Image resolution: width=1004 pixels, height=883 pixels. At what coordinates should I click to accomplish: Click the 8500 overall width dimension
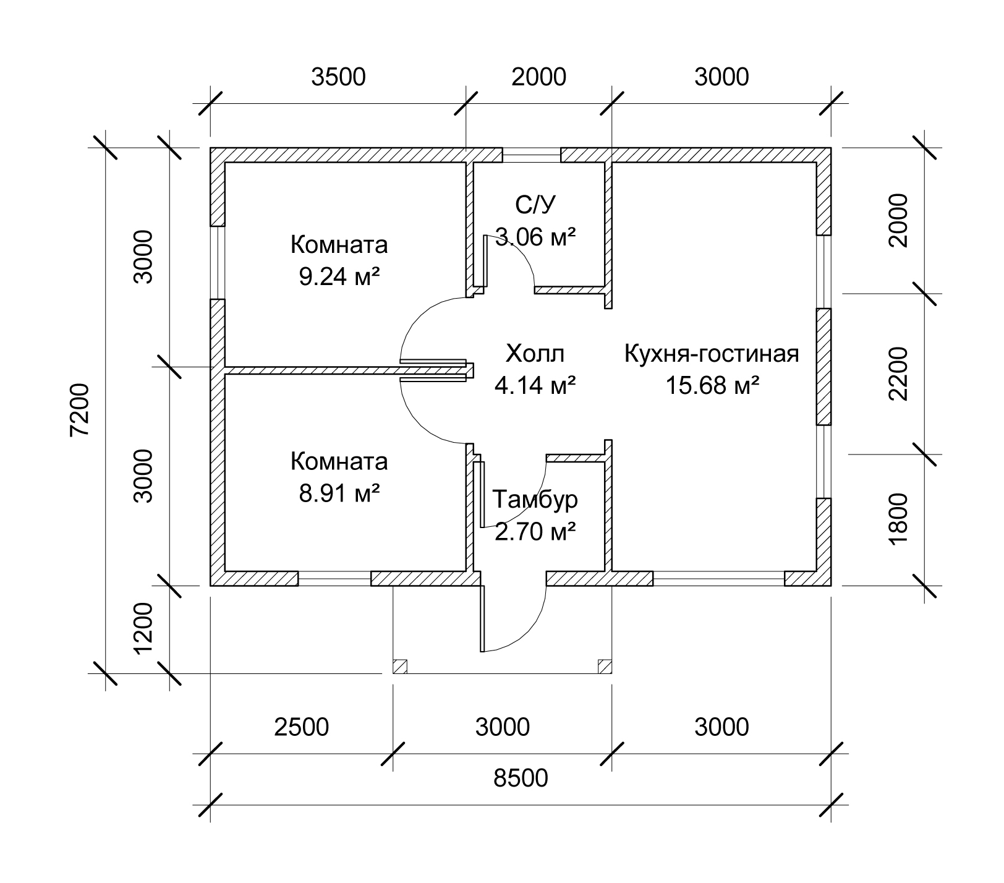521,777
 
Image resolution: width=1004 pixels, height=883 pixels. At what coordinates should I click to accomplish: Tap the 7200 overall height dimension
80,410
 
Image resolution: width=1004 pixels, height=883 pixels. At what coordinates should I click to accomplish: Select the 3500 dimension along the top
338,77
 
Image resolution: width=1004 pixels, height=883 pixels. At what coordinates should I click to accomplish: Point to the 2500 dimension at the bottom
301,727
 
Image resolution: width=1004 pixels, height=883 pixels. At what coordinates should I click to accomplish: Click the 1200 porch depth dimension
143,628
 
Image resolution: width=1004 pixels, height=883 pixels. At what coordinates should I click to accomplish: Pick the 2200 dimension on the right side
898,373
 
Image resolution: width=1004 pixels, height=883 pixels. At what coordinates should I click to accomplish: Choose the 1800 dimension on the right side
898,518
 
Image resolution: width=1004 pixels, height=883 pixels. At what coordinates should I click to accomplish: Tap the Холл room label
535,354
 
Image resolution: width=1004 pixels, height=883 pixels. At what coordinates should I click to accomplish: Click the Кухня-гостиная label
712,354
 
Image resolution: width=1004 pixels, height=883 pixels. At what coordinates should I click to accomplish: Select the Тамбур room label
535,499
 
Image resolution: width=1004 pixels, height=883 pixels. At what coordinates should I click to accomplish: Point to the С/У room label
535,204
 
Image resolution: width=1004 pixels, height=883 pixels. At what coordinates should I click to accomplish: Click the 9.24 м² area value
339,276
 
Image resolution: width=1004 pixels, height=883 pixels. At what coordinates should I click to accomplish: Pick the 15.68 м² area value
712,385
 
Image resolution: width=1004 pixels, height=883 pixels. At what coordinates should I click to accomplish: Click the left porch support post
400,667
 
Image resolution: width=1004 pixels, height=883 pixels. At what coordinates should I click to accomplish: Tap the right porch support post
605,667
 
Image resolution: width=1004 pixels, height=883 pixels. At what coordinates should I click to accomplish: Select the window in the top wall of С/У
531,155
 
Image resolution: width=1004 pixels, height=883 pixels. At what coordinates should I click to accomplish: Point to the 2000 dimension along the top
538,77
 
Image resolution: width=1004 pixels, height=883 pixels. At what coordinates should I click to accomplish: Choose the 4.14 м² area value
535,385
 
